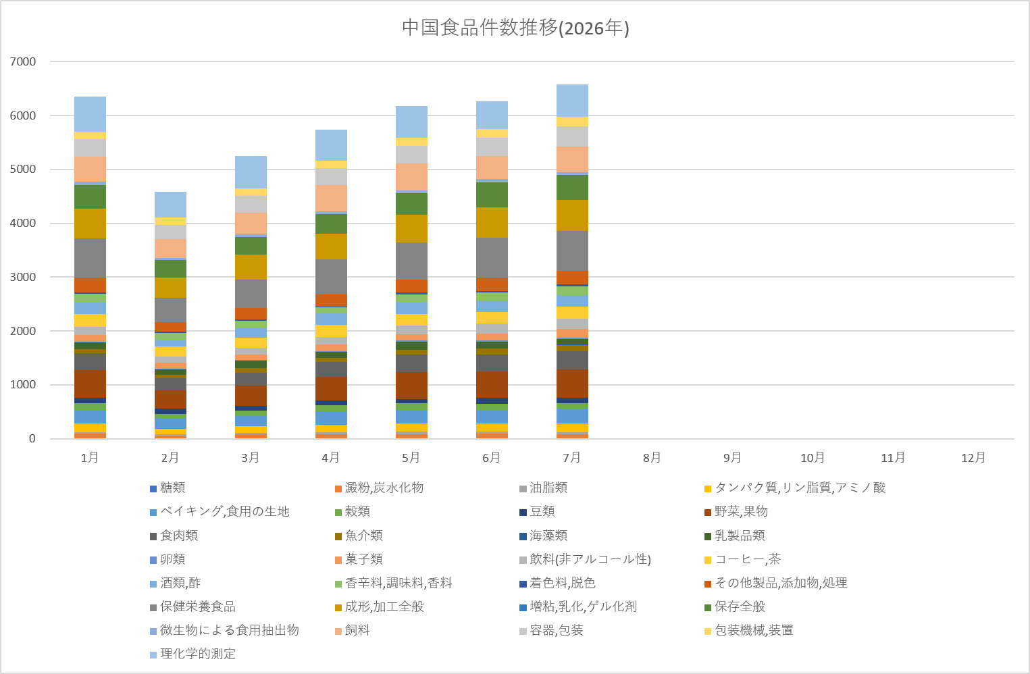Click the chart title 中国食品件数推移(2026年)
(515, 28)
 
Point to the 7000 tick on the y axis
(23, 61)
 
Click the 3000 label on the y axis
(23, 278)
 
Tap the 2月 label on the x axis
(170, 457)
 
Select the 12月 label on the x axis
(973, 457)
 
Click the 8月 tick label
(652, 457)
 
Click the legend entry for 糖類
(168, 488)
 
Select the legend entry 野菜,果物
(736, 511)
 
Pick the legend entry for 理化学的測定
(193, 654)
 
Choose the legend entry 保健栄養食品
(193, 606)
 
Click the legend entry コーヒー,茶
(742, 559)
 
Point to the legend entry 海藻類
(544, 535)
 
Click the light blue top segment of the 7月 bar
(572, 101)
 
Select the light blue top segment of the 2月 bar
(170, 205)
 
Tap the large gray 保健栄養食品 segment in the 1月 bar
(90, 258)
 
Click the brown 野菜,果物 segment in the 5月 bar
(411, 386)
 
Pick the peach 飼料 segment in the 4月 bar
(331, 198)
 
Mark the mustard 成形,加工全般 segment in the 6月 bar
(492, 222)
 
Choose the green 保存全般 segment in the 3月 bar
(251, 246)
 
